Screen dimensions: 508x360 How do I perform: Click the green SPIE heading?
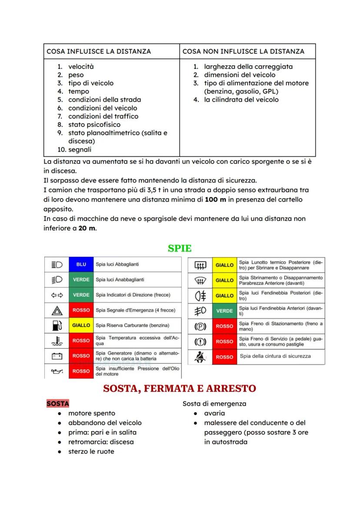click(x=180, y=249)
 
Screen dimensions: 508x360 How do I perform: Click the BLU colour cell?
click(x=81, y=264)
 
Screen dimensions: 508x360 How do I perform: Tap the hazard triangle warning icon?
click(x=57, y=310)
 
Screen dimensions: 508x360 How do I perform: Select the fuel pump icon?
click(x=57, y=325)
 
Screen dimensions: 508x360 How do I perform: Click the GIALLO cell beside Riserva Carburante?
click(x=81, y=325)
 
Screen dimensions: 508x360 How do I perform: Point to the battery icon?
click(x=57, y=356)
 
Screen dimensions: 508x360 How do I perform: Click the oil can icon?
click(x=57, y=372)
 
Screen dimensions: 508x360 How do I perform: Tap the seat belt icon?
click(x=200, y=357)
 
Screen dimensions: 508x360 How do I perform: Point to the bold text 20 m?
click(x=87, y=228)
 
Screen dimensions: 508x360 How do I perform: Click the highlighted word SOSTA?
click(x=57, y=404)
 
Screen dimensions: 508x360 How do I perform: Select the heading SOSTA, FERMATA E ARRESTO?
click(x=180, y=388)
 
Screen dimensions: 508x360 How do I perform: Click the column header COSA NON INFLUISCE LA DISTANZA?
click(x=243, y=51)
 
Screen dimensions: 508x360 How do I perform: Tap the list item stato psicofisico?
click(x=94, y=125)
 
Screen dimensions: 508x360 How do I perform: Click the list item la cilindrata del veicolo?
click(x=241, y=100)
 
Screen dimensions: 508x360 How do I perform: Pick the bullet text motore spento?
click(x=92, y=413)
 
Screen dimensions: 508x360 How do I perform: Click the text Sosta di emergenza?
click(x=214, y=404)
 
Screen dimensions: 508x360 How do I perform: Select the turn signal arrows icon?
click(x=57, y=295)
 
